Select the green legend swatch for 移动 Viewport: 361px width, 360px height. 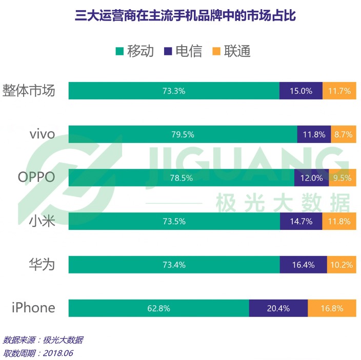120,51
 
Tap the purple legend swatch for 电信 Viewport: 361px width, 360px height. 168,51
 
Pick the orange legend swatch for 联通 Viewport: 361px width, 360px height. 216,51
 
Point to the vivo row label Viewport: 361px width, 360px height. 42,135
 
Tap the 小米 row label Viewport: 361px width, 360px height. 42,221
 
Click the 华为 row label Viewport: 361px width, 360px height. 42,265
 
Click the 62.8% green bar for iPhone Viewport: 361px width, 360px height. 158,308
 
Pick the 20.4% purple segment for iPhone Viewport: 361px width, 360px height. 278,308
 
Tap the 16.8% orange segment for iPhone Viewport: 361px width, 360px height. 332,308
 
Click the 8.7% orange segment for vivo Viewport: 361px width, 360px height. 344,135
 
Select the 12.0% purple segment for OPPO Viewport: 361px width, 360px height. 311,178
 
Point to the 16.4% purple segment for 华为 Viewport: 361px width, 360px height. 303,265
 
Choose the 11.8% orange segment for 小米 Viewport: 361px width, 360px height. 339,221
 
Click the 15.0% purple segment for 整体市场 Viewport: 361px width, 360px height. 301,91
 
